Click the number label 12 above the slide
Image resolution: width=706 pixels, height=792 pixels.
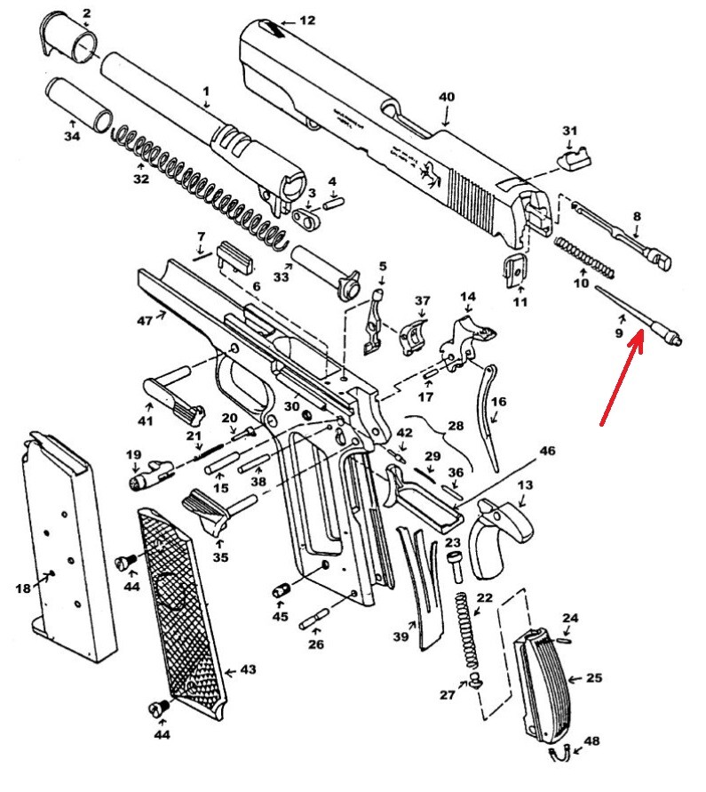coord(307,20)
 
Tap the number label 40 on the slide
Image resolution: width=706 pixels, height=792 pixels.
coord(446,96)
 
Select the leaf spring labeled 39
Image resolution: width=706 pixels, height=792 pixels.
coord(421,587)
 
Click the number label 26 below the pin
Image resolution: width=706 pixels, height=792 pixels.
coord(316,644)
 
